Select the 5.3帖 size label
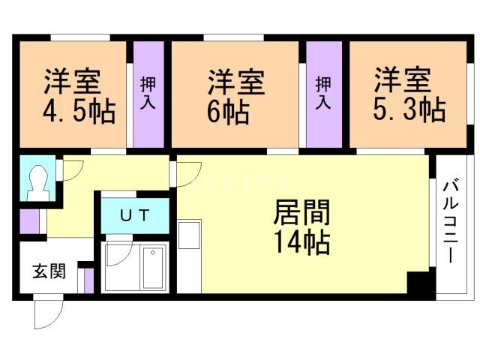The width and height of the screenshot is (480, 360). pyautogui.click(x=408, y=110)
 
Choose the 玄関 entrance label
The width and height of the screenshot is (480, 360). pyautogui.click(x=47, y=271)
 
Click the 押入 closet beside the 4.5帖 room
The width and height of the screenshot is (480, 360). pyautogui.click(x=148, y=94)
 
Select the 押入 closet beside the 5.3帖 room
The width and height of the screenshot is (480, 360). pyautogui.click(x=323, y=94)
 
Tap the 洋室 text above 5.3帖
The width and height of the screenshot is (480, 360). pyautogui.click(x=403, y=79)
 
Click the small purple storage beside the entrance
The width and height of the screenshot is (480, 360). pyautogui.click(x=88, y=280)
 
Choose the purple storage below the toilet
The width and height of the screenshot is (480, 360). pyautogui.click(x=28, y=221)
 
